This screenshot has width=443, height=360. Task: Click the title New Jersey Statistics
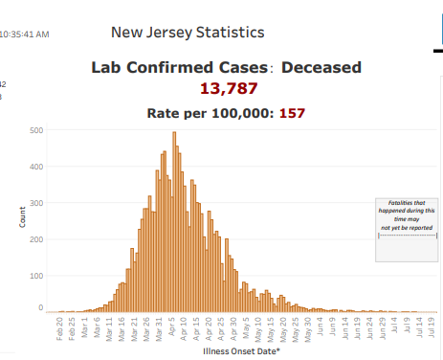click(x=188, y=33)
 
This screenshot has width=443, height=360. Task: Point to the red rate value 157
click(x=292, y=113)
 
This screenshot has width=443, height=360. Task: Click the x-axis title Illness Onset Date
click(x=241, y=351)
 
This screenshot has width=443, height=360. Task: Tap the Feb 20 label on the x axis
click(x=60, y=328)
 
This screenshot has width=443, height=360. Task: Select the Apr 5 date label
click(x=172, y=329)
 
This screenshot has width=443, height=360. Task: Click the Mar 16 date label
click(x=122, y=328)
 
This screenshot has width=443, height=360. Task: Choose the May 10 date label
click(x=259, y=328)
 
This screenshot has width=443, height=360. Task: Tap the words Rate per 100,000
click(x=210, y=113)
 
